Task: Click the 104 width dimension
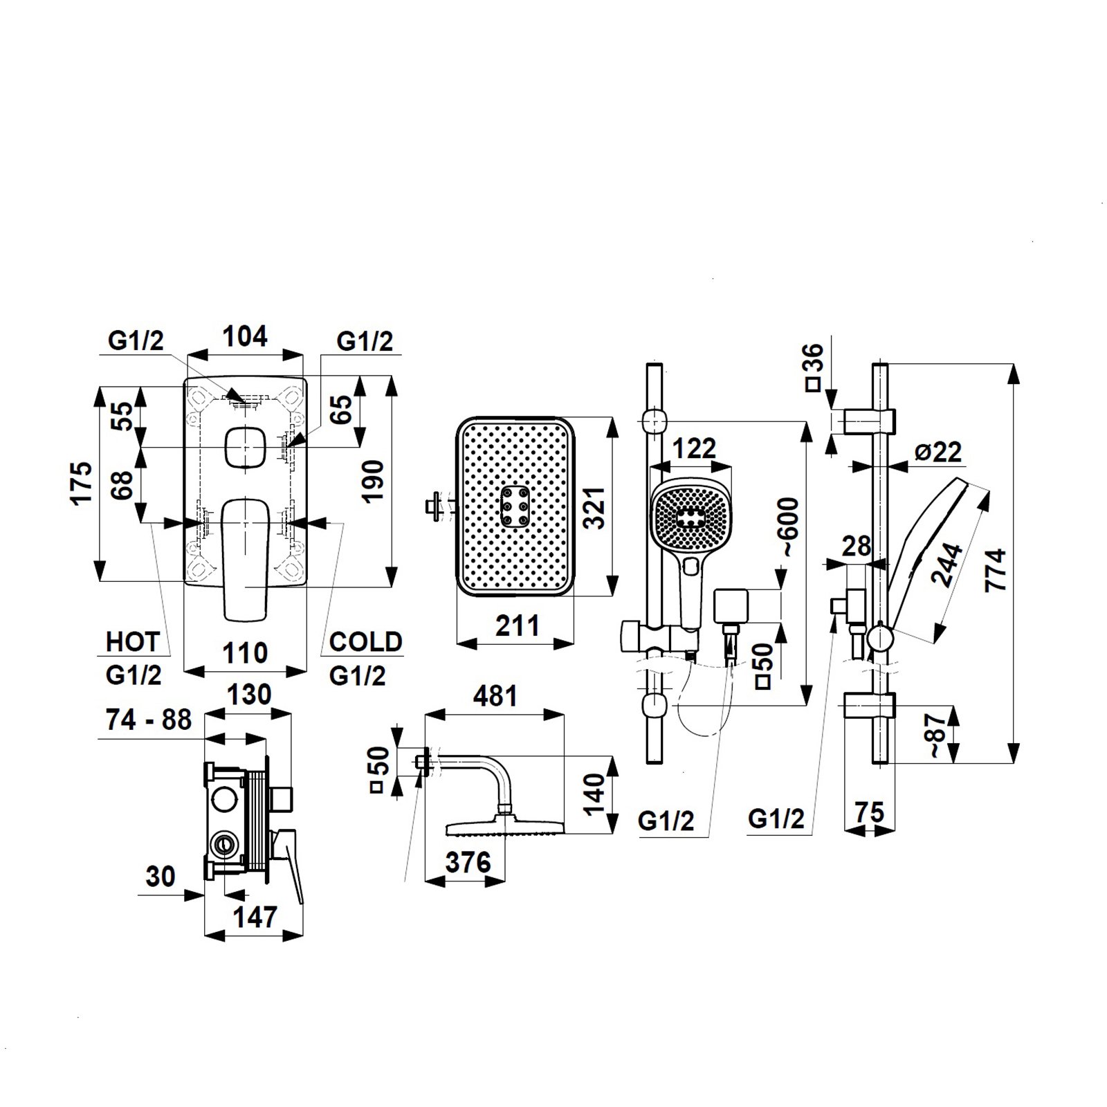[x=245, y=336]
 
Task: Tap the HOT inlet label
[x=132, y=642]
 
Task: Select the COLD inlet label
[x=365, y=642]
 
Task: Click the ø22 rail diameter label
[x=937, y=452]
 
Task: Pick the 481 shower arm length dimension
[x=495, y=696]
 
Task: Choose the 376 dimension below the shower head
[x=468, y=862]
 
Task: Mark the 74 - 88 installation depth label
[x=149, y=720]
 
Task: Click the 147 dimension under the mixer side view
[x=255, y=917]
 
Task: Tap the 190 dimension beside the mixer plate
[x=373, y=482]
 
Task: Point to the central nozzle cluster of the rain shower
[x=515, y=507]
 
